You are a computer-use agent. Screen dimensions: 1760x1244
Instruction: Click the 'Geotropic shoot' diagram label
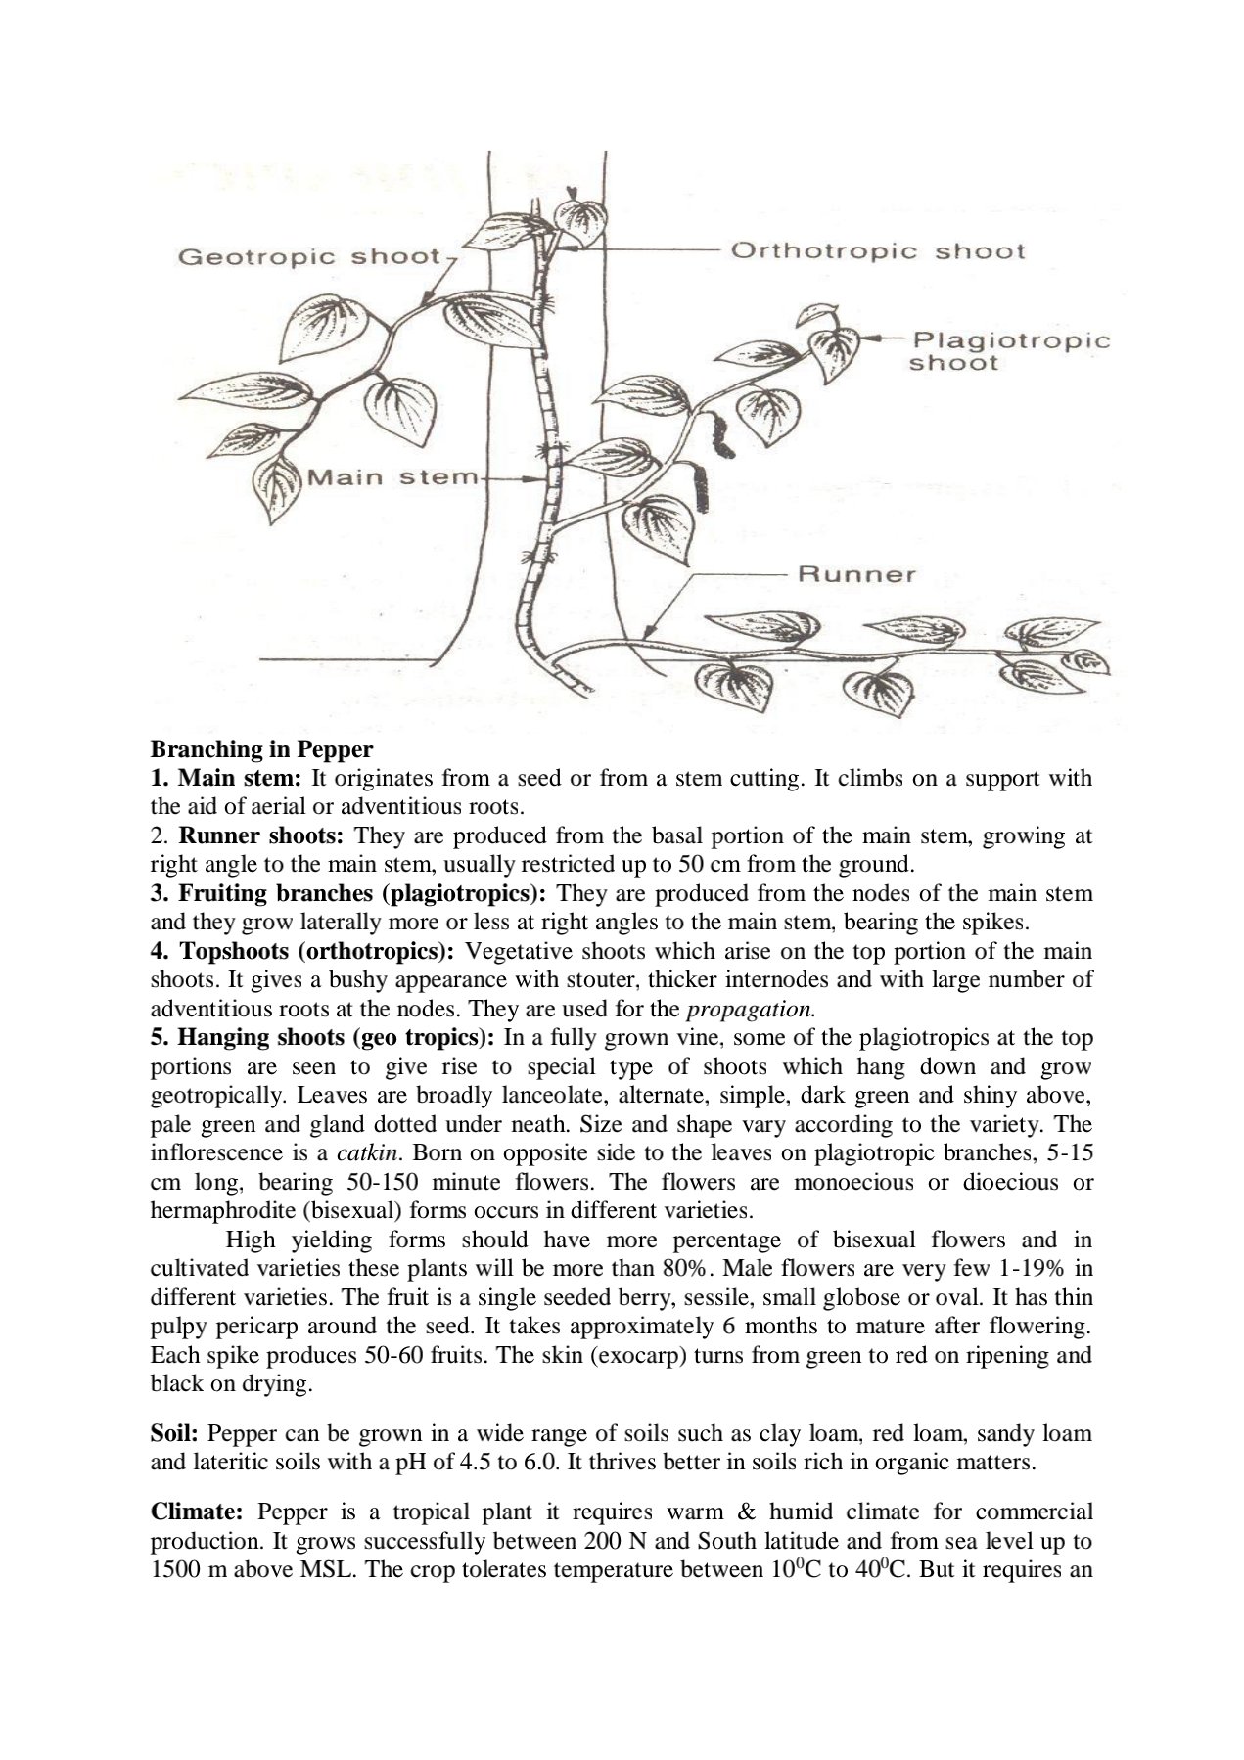(308, 257)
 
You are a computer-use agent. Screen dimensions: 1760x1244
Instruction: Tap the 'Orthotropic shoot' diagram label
(878, 250)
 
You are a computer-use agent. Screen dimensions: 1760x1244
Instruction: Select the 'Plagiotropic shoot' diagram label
(1009, 351)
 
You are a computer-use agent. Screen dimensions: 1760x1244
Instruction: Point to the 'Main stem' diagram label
(392, 478)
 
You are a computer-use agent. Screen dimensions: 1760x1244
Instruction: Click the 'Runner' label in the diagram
(857, 574)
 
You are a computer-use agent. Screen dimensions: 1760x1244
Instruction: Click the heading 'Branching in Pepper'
(261, 749)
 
